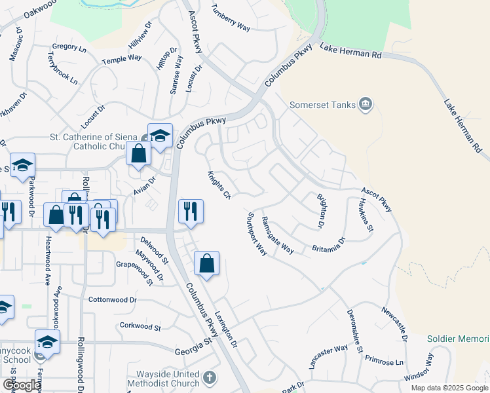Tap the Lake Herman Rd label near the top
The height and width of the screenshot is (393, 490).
point(350,51)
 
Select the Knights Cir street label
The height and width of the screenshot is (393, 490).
point(219,185)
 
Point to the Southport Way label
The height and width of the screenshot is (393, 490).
point(257,234)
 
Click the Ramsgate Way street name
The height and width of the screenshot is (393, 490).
point(277,234)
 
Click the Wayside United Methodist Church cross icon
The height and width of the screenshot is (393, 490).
point(209,377)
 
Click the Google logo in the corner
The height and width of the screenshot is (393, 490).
point(22,385)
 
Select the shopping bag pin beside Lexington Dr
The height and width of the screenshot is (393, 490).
point(206,263)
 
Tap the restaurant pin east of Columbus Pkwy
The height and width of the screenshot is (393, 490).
point(191,211)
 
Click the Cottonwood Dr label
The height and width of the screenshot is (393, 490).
point(112,299)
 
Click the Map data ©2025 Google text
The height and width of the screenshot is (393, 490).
point(449,388)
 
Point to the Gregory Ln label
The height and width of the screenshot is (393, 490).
point(69,47)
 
